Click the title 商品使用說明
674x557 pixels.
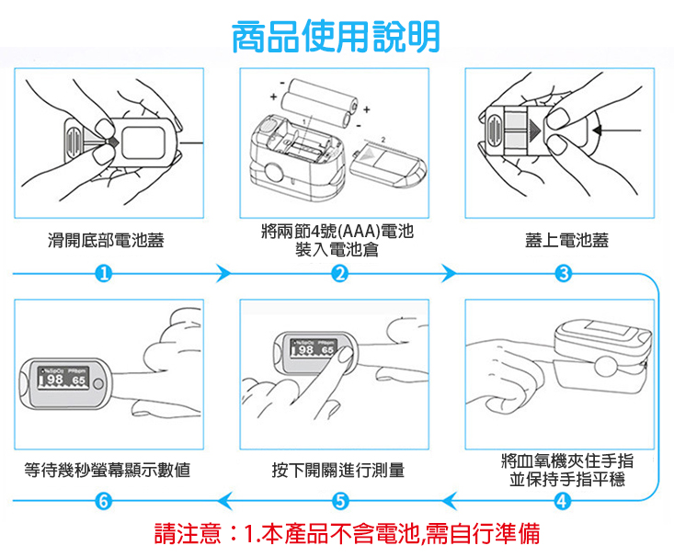(x=336, y=37)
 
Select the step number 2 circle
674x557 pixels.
(x=339, y=273)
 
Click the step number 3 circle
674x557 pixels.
(x=565, y=273)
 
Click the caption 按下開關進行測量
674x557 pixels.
(x=337, y=471)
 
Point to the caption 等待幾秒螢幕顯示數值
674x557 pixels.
(x=107, y=471)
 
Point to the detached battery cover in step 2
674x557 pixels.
(x=386, y=163)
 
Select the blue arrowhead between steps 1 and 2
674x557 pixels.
(x=222, y=273)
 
